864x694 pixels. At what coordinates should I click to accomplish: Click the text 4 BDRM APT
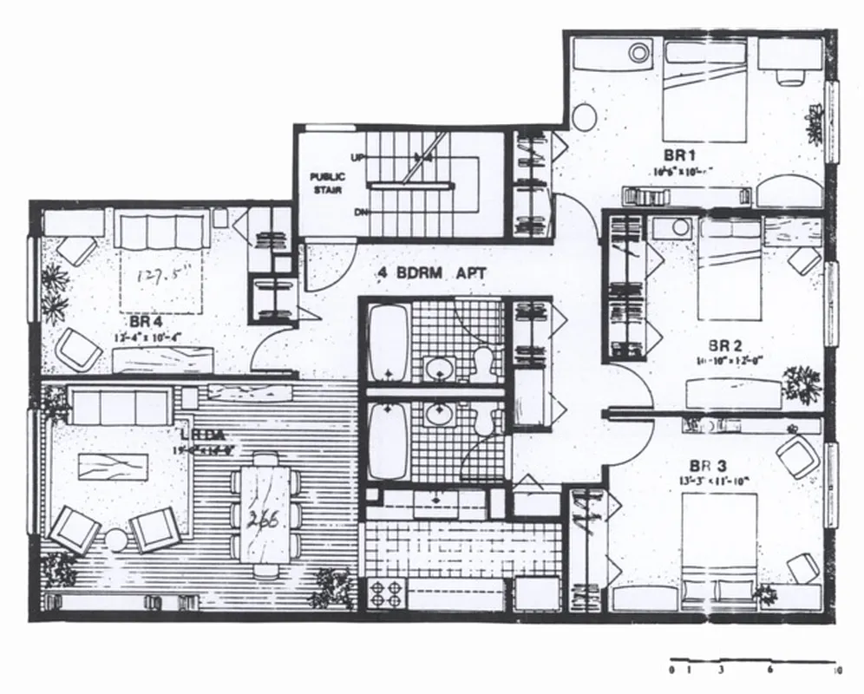(431, 272)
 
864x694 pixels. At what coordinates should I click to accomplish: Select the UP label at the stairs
(357, 158)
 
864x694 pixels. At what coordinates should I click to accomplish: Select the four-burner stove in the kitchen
(387, 595)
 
